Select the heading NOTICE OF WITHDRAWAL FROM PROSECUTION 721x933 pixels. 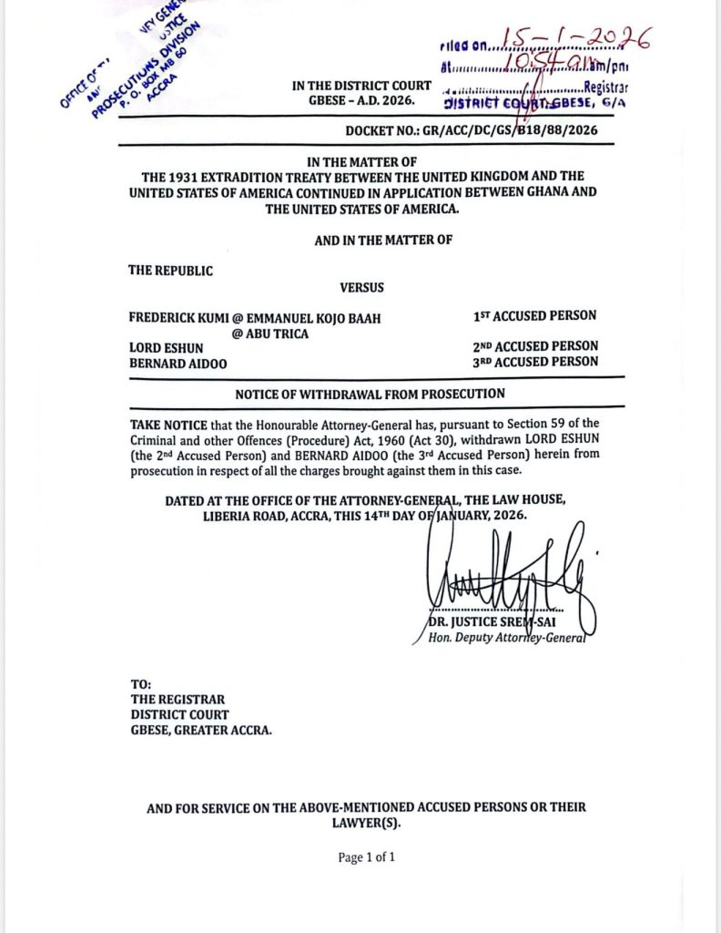point(370,394)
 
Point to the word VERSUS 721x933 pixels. point(361,288)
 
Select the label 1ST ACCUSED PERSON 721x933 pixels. point(535,316)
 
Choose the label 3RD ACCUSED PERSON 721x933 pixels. point(535,361)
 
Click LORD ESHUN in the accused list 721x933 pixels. point(167,347)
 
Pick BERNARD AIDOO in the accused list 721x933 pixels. point(178,362)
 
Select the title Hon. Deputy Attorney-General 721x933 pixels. point(506,638)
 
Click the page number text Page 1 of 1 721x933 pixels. point(366,857)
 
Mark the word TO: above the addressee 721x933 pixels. point(140,684)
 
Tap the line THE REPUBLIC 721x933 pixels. point(170,271)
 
